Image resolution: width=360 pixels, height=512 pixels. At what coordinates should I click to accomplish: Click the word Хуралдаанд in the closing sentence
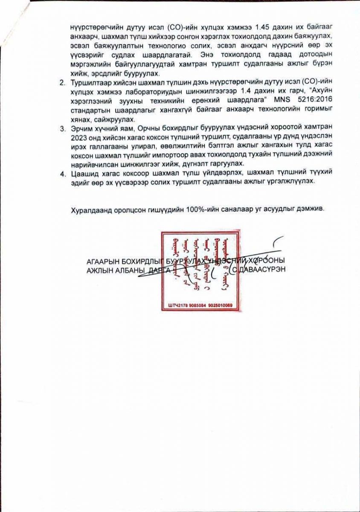point(91,209)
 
